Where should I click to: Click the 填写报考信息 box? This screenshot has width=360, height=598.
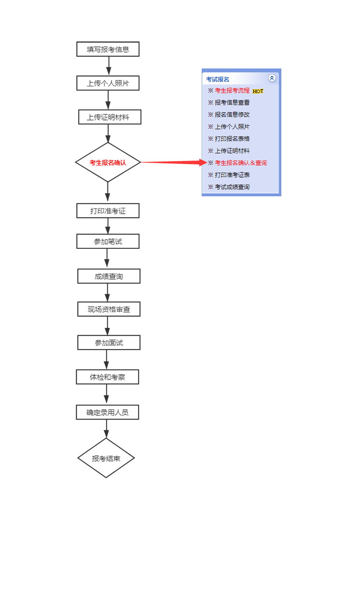coord(108,49)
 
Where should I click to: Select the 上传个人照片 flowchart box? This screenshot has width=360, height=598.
coord(108,83)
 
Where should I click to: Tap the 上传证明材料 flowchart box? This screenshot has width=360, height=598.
coord(110,117)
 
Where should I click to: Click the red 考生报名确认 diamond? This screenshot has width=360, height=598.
coord(108,163)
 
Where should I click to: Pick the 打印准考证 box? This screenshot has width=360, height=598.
coord(108,211)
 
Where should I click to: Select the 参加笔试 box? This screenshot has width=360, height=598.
coord(108,241)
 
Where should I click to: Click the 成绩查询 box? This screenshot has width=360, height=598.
coord(109,276)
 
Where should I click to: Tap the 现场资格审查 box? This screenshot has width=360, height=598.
coord(109,309)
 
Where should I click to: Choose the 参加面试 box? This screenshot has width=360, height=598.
coord(109,342)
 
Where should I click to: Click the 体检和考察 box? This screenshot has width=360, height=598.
coord(107,377)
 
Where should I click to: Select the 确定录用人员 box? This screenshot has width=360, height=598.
coord(107,412)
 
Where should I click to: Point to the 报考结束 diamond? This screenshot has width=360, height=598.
coord(106,458)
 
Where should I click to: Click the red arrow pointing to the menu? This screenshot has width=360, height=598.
coord(174,162)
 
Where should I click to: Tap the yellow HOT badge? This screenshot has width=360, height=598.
coord(258,91)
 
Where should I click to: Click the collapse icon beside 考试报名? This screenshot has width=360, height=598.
coord(272,78)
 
